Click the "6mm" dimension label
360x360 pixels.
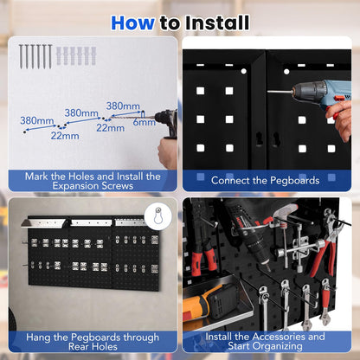(144, 122)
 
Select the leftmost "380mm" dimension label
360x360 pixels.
(37, 120)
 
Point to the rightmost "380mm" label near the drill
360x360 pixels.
(123, 106)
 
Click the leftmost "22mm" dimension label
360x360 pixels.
(64, 135)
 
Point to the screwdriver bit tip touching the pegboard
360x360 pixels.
(270, 91)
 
